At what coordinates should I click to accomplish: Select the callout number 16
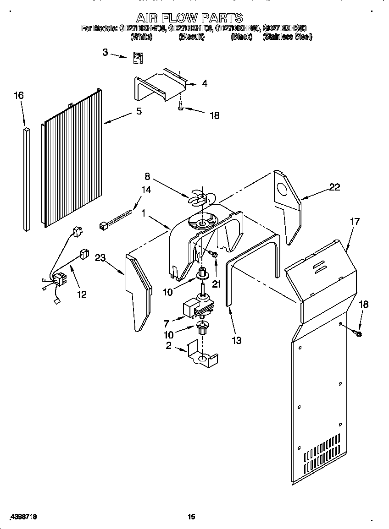click(x=18, y=96)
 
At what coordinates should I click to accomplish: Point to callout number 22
click(x=335, y=187)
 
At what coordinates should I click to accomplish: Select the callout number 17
click(x=354, y=222)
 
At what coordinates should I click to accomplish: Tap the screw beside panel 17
click(x=359, y=333)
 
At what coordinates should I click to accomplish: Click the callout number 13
click(x=237, y=340)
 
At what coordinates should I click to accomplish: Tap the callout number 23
click(x=100, y=259)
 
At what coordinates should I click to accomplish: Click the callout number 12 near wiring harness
click(x=81, y=294)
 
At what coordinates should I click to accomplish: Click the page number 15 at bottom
click(x=191, y=517)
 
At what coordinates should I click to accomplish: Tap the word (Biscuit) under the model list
click(x=191, y=37)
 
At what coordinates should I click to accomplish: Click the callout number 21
click(x=217, y=284)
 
